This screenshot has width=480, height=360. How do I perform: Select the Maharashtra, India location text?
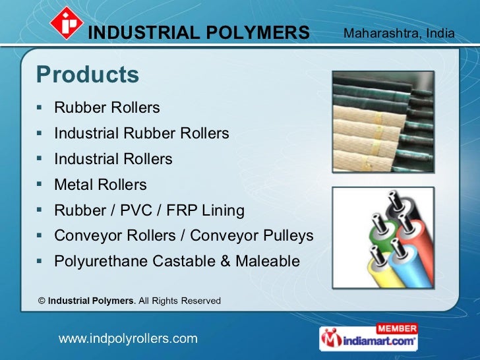(x=399, y=32)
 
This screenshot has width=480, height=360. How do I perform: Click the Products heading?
(x=88, y=75)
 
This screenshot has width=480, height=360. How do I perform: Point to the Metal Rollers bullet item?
(x=100, y=185)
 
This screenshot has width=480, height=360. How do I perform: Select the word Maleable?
(x=269, y=262)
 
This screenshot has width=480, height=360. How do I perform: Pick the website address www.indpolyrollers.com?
(x=129, y=339)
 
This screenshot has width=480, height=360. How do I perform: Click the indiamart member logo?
(x=369, y=338)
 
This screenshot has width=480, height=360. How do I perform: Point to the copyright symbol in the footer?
(x=42, y=301)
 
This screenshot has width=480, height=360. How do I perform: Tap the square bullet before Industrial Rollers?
(x=40, y=159)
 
